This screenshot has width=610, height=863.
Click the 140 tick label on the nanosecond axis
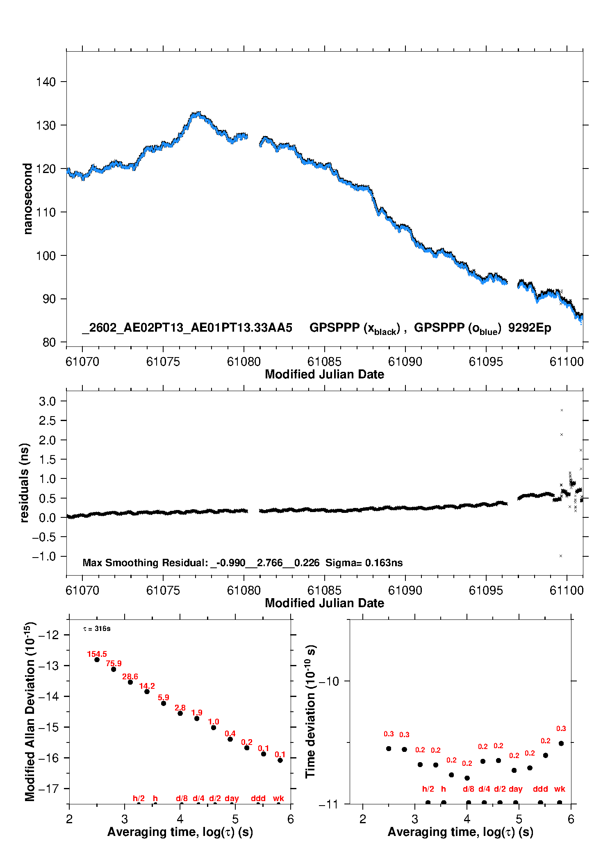pos(46,82)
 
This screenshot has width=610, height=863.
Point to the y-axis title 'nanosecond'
pos(27,198)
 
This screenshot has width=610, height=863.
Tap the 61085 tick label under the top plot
pos(324,362)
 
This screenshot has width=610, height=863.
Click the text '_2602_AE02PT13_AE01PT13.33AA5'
pos(187,328)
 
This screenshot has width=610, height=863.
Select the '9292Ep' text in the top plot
pos(530,328)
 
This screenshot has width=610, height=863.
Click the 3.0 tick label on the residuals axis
pos(47,401)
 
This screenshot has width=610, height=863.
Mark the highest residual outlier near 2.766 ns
pos(562,410)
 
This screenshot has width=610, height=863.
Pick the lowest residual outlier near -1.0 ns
pos(560,556)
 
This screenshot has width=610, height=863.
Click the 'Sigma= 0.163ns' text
pos(364,562)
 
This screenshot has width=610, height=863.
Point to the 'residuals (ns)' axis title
pos(25,483)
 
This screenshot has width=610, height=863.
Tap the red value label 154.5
pos(97,654)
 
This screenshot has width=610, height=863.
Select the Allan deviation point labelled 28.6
pos(130,682)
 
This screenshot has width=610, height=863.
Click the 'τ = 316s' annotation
pos(97,628)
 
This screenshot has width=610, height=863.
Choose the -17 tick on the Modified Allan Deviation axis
pos(48,788)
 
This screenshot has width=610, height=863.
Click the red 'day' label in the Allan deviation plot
pos(232,798)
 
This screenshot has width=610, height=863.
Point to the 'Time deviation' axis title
pos(310,712)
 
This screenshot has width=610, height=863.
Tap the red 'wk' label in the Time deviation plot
pos(560,789)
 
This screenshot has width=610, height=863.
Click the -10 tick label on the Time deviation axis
pos(329,681)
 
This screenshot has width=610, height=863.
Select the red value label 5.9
pos(164,697)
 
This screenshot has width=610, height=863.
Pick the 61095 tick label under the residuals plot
pos(486,590)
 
